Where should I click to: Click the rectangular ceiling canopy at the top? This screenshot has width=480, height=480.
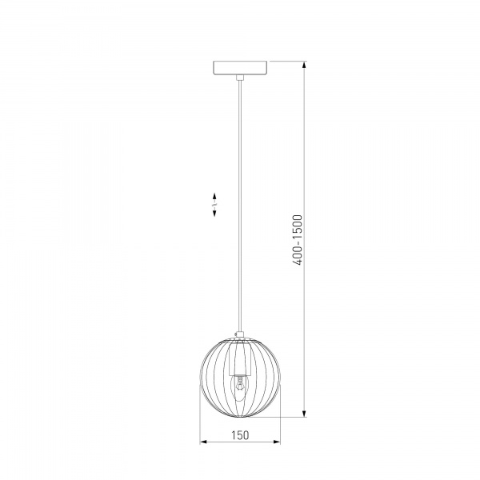coord(240,68)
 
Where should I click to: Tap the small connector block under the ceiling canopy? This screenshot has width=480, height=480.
coord(240,78)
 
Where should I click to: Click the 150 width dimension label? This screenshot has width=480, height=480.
coord(240,435)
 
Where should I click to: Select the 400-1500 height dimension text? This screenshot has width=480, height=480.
coord(298,240)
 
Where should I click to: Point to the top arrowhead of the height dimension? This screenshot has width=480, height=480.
coord(304,66)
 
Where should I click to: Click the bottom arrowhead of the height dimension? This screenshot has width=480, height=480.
coord(304,413)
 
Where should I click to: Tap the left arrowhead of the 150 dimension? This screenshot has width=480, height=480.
coord(203,442)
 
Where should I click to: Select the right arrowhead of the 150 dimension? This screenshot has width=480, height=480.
coord(277,442)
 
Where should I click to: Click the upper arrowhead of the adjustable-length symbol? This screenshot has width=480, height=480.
coord(214,196)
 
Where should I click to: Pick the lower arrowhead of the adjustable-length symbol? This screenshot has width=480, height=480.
coord(214,214)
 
